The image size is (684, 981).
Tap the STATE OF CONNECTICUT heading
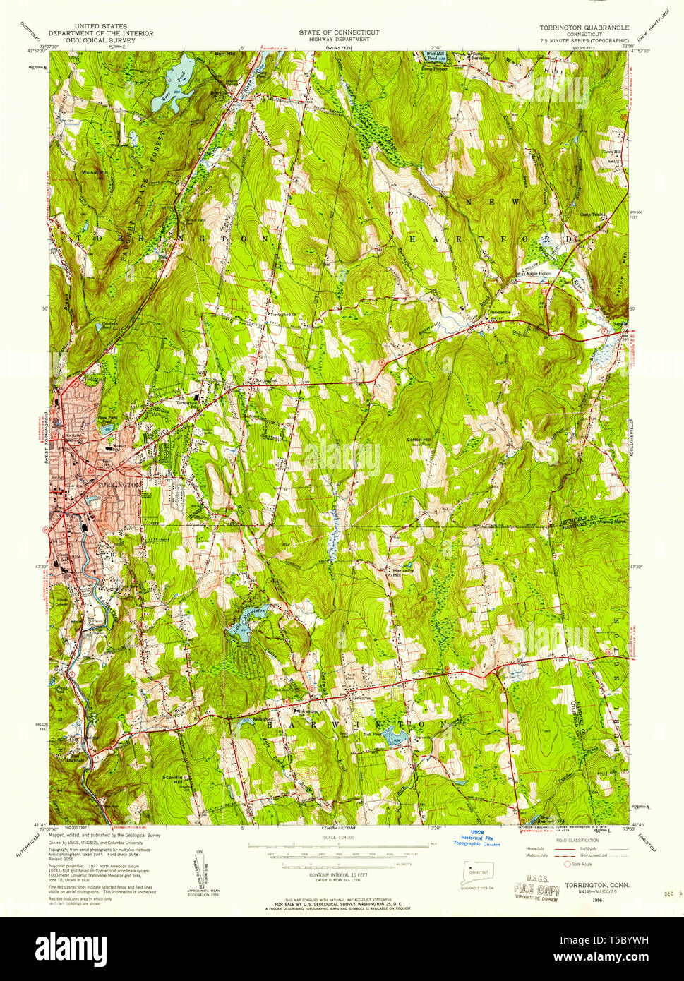pos(339,32)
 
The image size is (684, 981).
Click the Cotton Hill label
pos(419,440)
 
